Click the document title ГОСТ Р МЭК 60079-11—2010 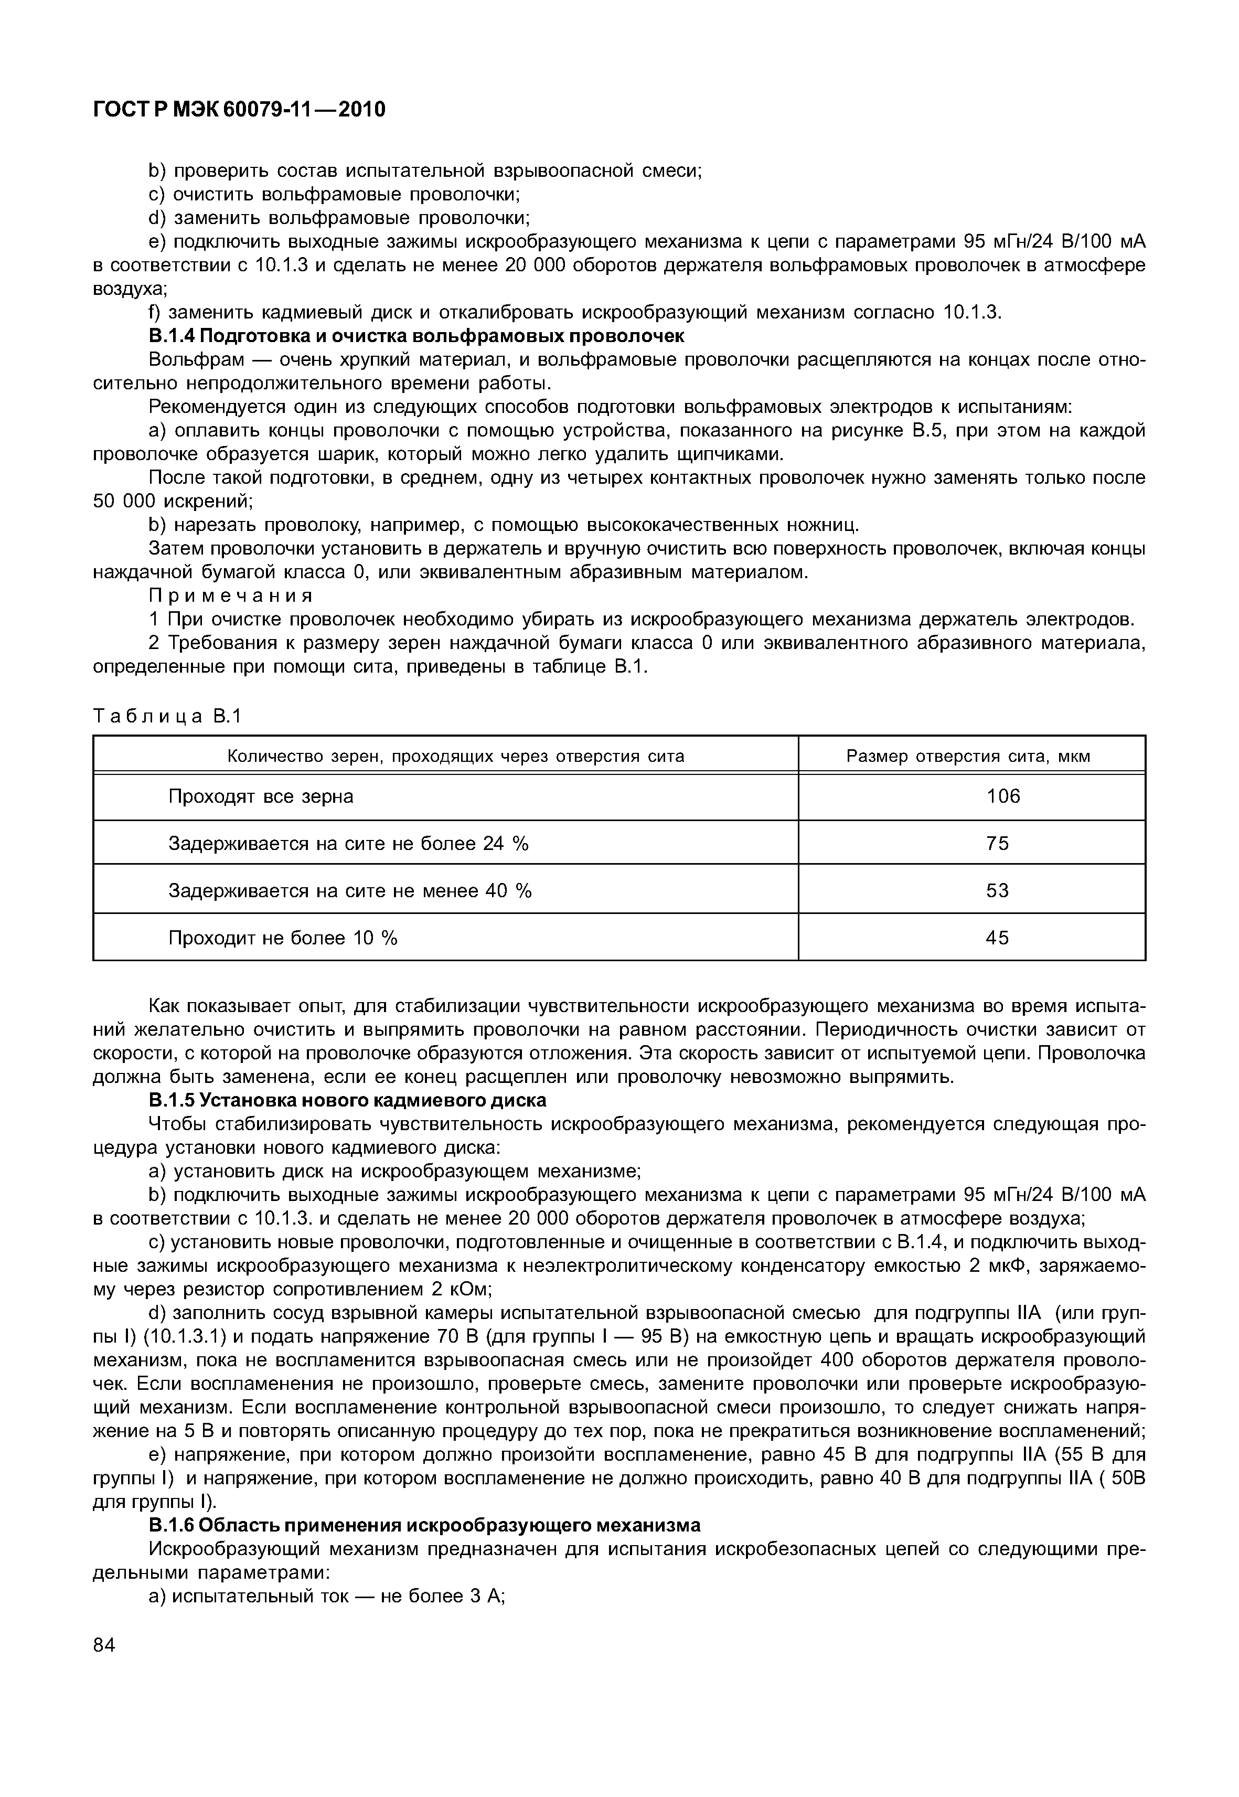(x=239, y=110)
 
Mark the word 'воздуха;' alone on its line (x=130, y=289)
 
